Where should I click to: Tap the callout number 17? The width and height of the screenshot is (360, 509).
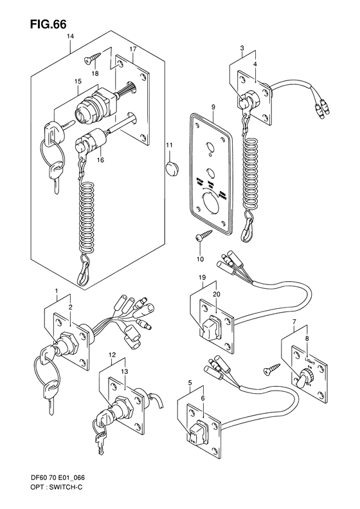[x=132, y=50]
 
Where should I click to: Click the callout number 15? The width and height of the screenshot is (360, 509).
[x=76, y=81]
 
